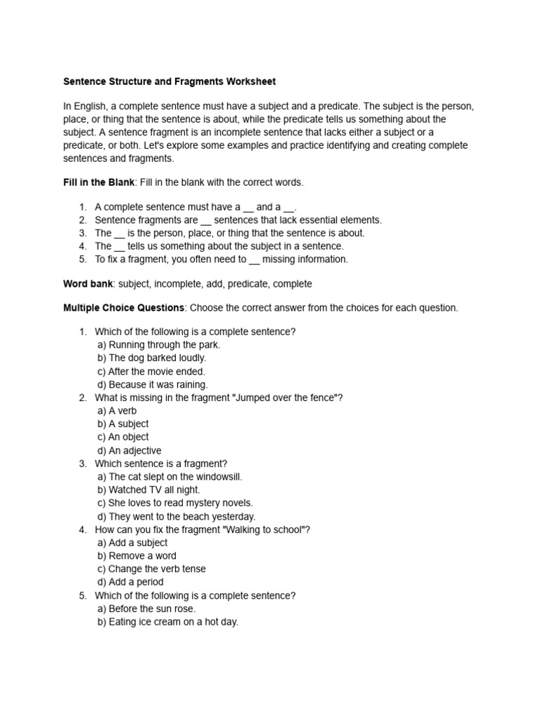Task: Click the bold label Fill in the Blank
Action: click(x=99, y=182)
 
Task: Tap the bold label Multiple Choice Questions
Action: click(x=124, y=308)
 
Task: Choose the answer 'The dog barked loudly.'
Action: click(x=152, y=358)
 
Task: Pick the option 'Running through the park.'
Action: click(x=159, y=344)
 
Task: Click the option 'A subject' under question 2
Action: click(x=123, y=424)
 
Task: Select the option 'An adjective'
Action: click(x=130, y=450)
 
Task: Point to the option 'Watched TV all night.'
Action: click(x=149, y=489)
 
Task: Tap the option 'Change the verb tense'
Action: click(x=152, y=569)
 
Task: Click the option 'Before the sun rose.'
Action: click(x=147, y=609)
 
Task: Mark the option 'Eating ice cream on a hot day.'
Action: click(x=168, y=622)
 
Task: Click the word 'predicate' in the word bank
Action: click(x=248, y=284)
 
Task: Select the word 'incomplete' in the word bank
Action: click(x=181, y=284)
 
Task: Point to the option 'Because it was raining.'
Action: click(x=153, y=384)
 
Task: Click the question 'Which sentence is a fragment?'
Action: click(x=161, y=463)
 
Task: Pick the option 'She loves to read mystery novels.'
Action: click(x=175, y=503)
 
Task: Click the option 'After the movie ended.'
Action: click(x=151, y=371)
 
